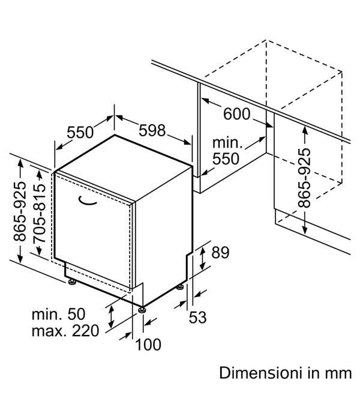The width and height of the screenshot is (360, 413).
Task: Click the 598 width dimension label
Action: click(152, 130)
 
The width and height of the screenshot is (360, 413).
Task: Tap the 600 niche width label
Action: click(236, 114)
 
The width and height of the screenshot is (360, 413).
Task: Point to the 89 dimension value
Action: click(221, 252)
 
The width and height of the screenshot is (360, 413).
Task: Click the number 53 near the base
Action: click(197, 317)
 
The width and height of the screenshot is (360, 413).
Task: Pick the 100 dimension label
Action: click(148, 345)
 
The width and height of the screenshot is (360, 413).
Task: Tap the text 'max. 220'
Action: click(65, 331)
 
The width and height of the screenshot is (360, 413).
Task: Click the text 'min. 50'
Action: click(58, 314)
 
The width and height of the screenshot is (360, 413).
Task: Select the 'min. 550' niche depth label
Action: click(226, 151)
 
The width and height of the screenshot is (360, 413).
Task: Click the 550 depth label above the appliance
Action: click(80, 132)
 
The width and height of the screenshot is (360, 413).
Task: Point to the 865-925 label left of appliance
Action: click(20, 211)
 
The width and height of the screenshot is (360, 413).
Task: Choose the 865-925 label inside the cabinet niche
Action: click(304, 178)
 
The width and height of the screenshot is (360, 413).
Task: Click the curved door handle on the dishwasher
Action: click(87, 200)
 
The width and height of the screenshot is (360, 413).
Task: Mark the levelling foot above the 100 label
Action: click(142, 310)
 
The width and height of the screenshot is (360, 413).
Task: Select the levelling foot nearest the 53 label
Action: click(180, 288)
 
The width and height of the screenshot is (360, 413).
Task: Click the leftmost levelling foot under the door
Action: click(71, 282)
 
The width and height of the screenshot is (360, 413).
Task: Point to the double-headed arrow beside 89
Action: click(202, 258)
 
